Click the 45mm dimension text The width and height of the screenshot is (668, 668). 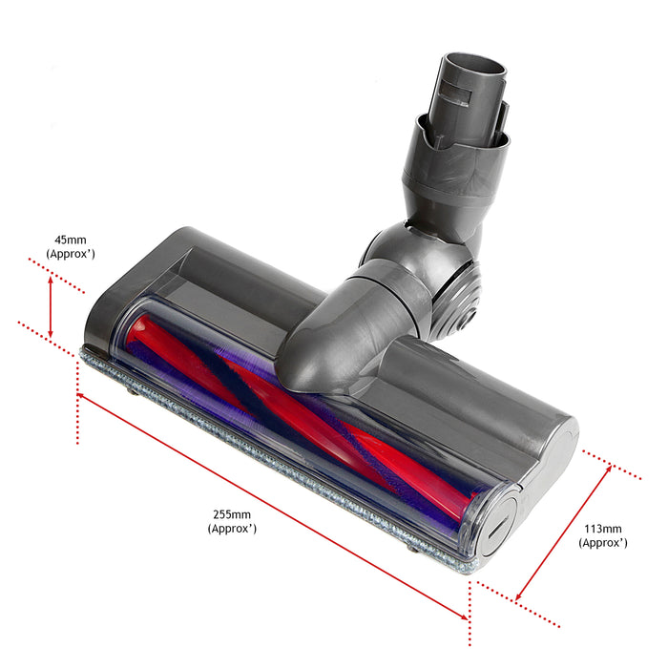coord(70,240)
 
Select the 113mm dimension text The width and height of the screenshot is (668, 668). coord(602,528)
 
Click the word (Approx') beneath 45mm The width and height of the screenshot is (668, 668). coord(70,254)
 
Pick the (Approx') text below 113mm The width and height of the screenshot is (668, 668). coord(602,542)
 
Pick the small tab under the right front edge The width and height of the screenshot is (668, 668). coord(413,547)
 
